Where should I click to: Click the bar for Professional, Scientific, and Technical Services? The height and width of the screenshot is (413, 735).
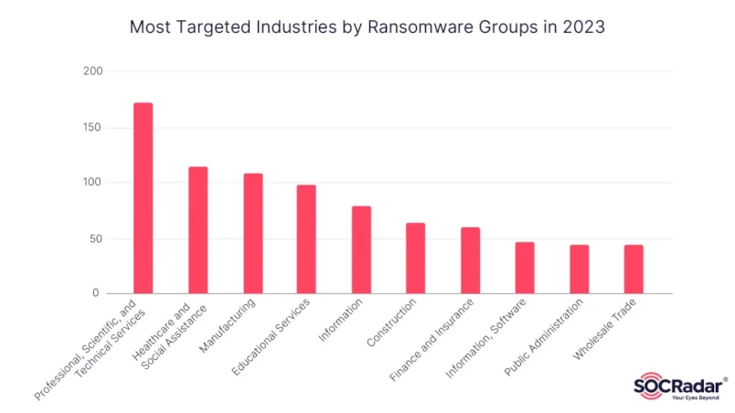coord(143,198)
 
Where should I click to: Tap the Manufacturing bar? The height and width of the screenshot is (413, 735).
coord(252,233)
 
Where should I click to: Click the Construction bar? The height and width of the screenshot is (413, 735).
coord(415,258)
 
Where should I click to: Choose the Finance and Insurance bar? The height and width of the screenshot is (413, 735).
coord(470,260)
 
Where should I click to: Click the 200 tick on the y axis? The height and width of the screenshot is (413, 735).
coord(91,71)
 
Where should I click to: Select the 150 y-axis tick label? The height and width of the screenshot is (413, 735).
coord(91,127)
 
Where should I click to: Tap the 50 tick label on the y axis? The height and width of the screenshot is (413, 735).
coord(94,238)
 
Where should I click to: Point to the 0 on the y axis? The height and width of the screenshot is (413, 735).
coord(98,293)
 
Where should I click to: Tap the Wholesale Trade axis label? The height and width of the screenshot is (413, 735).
coord(608,329)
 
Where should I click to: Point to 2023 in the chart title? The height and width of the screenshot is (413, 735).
coord(582,27)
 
